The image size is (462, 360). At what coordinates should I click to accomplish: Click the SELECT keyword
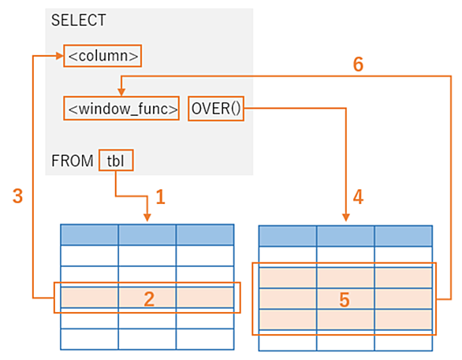click(x=78, y=20)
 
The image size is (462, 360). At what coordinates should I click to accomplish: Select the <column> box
click(x=102, y=56)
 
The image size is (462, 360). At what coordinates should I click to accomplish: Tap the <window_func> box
click(x=121, y=109)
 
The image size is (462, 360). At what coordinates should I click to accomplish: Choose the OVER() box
click(x=216, y=109)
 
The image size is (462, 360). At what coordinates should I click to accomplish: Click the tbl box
click(x=116, y=160)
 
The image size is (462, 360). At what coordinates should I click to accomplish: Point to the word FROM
click(x=73, y=161)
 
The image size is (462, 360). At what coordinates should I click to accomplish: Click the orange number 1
click(x=161, y=197)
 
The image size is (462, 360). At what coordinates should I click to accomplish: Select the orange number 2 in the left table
click(x=149, y=299)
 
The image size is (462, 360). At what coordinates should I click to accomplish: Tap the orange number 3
click(x=17, y=196)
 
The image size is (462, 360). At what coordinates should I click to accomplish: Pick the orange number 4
click(x=358, y=197)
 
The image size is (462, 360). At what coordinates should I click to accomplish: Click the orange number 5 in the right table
click(x=345, y=300)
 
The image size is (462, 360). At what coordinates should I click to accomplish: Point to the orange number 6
click(x=358, y=64)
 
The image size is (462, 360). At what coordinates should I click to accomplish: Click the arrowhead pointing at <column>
click(x=60, y=56)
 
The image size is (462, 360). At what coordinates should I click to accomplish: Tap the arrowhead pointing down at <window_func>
click(x=121, y=92)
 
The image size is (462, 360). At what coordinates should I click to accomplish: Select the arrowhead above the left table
click(x=147, y=218)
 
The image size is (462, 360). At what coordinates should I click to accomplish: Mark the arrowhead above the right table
click(x=346, y=217)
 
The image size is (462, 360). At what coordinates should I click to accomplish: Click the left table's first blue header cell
click(x=89, y=235)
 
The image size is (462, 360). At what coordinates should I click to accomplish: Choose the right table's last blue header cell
click(x=404, y=236)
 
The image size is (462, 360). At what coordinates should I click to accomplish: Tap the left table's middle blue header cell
click(x=147, y=235)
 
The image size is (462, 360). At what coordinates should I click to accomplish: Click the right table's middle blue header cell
click(x=346, y=236)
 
